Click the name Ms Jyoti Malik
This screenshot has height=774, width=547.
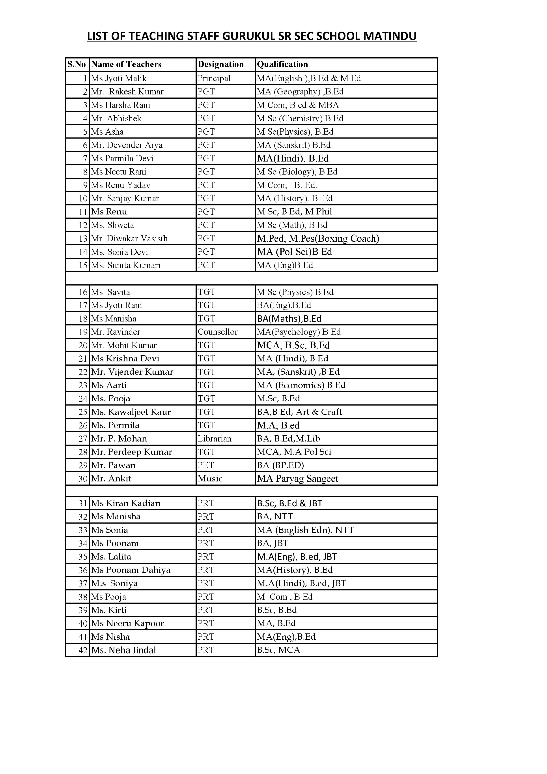tap(119, 78)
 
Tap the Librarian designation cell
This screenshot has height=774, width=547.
tap(215, 439)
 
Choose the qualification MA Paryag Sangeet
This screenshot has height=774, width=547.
tap(297, 479)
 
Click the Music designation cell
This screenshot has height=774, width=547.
tap(210, 479)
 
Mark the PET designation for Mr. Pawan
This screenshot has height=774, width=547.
tap(205, 465)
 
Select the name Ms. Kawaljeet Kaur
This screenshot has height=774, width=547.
tap(131, 412)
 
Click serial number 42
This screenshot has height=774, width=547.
tap(83, 650)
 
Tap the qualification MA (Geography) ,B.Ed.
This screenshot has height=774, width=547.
tap(301, 92)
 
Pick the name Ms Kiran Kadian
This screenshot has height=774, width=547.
tap(126, 503)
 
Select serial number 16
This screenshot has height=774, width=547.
tap(83, 292)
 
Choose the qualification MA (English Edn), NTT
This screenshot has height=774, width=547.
tap(305, 530)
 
